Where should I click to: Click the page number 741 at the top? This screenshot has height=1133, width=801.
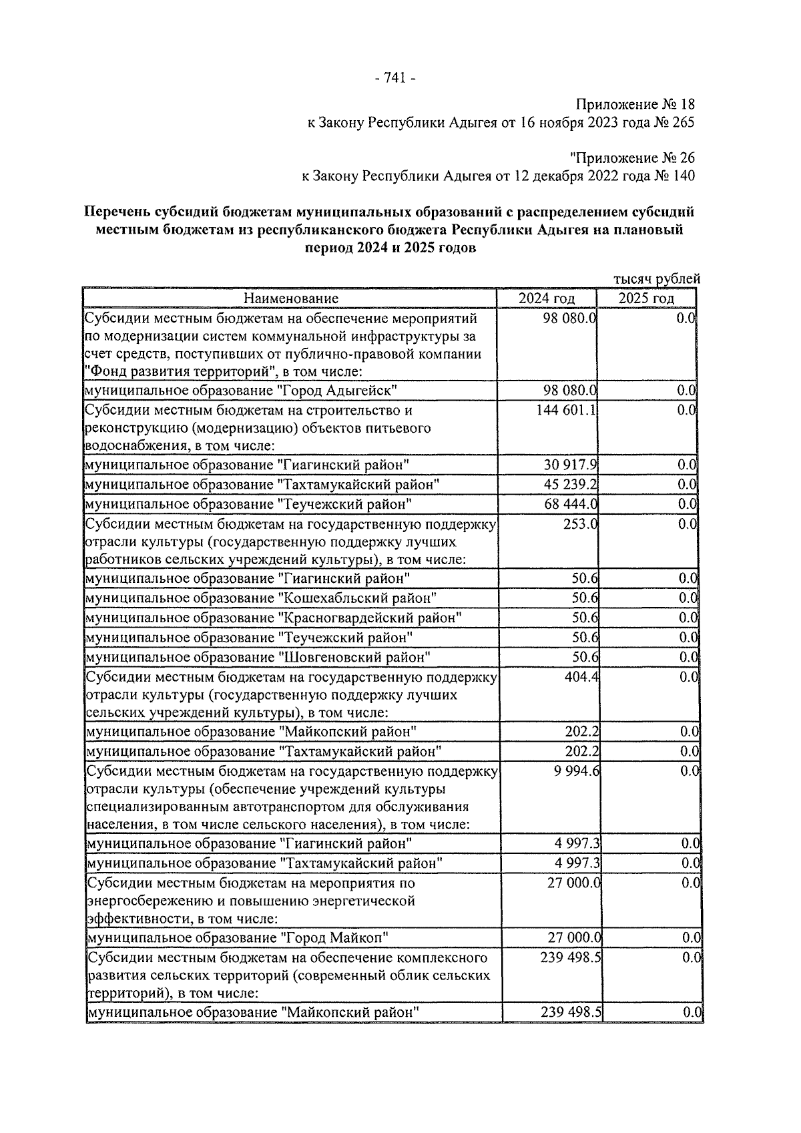396,78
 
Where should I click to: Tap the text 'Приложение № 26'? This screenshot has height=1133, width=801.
632,158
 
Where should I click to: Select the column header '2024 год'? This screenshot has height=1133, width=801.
547,298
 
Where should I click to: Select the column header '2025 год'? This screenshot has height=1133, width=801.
645,298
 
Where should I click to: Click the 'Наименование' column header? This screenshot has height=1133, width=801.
290,298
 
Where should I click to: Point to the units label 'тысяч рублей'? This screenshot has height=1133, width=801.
657,279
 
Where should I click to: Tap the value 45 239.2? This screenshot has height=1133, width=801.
571,484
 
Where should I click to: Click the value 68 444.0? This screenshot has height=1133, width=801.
571,504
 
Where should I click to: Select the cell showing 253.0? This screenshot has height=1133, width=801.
580,524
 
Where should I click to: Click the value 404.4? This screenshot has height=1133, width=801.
581,677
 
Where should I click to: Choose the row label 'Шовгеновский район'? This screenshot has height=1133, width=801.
353,657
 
